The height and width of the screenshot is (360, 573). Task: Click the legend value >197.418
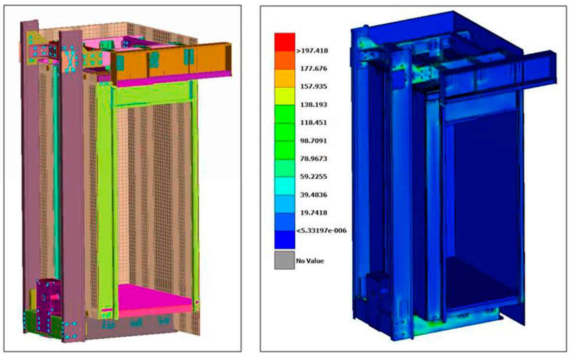coord(312,51)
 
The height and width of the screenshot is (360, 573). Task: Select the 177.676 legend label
coord(314,69)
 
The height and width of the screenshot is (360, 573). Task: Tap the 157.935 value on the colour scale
coord(314,87)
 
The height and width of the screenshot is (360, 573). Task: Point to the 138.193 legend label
coord(314,105)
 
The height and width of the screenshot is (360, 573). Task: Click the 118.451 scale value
coord(314,123)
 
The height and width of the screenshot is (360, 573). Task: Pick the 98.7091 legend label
coord(314,141)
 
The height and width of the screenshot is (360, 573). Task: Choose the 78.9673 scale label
coord(314,159)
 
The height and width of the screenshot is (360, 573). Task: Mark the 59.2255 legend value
coord(314,177)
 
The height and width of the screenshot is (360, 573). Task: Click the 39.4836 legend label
coord(314,195)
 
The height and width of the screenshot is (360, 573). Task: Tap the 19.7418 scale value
coord(314,213)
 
